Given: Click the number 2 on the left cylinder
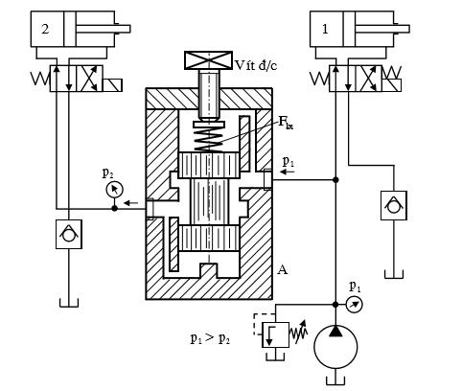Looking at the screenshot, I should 44,28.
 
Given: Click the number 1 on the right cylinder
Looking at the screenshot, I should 326,28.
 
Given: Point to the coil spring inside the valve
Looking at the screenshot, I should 208,138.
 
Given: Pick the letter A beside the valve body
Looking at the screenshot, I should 282,270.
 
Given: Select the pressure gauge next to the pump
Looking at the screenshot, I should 354,305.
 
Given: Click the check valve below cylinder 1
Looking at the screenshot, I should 391,204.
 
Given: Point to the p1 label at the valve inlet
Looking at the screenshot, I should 289,162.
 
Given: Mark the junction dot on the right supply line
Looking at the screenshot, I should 335,179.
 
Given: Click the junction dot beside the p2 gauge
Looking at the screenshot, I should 114,207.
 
